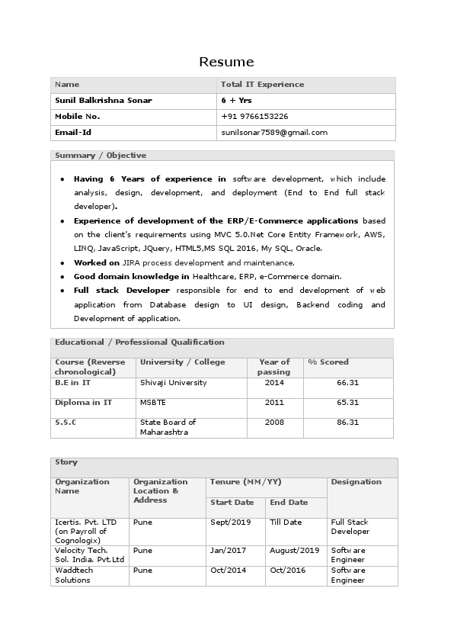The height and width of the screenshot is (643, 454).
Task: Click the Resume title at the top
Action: click(x=226, y=62)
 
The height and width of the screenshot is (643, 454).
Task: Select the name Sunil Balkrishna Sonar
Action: click(x=104, y=101)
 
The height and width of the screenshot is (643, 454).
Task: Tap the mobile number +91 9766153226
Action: click(x=254, y=117)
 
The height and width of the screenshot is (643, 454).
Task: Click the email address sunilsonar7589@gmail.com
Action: click(x=274, y=133)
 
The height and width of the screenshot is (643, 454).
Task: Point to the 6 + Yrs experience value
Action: click(x=236, y=101)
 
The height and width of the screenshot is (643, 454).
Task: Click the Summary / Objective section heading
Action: click(x=101, y=156)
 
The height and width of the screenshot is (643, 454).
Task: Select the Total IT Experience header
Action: click(x=262, y=85)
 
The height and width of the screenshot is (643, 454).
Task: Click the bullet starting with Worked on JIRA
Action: click(x=184, y=262)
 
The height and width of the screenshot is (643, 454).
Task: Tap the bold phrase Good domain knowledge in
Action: click(x=132, y=276)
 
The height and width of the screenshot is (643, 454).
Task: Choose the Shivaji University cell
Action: click(x=173, y=383)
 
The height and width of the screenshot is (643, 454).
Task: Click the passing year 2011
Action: click(x=274, y=403)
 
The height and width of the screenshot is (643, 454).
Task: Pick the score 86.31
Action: click(x=347, y=423)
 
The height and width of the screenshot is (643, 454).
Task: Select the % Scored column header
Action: click(x=328, y=362)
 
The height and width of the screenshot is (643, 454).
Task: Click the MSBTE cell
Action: click(x=152, y=403)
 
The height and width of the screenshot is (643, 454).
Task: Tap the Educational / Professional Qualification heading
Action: click(x=139, y=342)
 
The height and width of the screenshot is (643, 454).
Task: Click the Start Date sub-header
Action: click(x=232, y=503)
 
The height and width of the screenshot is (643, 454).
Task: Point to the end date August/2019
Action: click(x=294, y=551)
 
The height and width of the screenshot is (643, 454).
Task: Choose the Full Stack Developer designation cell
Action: click(x=350, y=527)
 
